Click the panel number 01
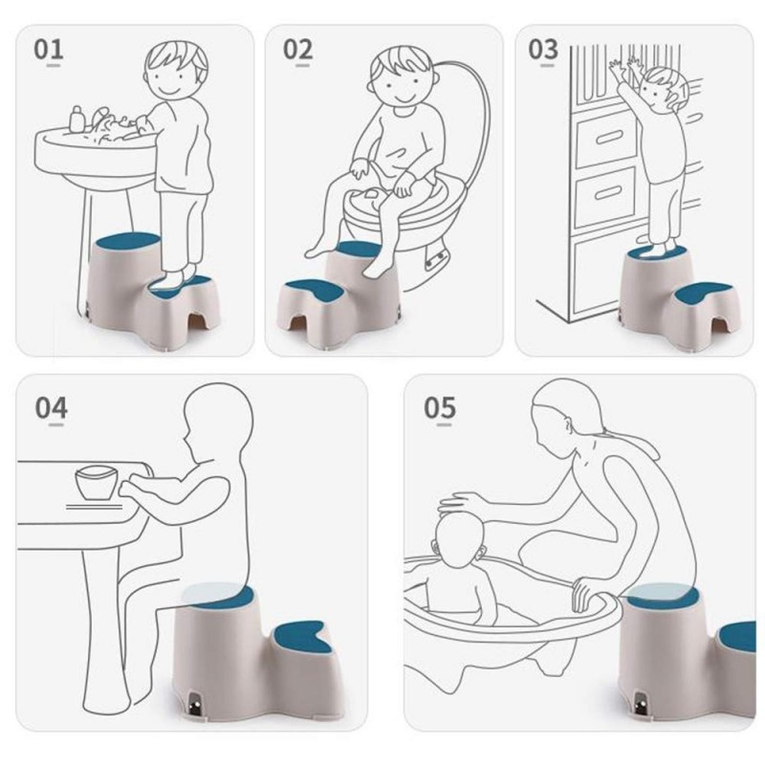49,50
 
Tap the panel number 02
297,50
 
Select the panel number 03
542,50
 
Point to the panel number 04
51,408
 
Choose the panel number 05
440,408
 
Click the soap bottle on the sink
76,120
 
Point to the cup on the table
97,483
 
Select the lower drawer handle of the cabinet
608,194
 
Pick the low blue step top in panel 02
314,290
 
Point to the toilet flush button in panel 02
436,259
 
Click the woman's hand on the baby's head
461,503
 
